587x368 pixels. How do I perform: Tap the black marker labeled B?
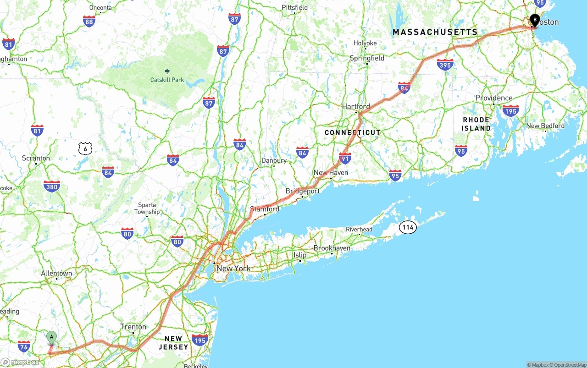[x=535, y=20]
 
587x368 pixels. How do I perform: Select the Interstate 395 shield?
[x=445, y=65]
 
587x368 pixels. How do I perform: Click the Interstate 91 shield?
[x=345, y=158]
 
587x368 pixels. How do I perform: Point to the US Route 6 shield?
[x=85, y=148]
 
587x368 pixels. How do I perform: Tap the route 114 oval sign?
[x=407, y=227]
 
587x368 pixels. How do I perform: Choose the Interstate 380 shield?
[x=52, y=186]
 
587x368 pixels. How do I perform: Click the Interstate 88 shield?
[x=89, y=21]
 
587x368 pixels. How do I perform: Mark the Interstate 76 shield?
[x=24, y=346]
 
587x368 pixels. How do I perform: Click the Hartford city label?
[x=356, y=106]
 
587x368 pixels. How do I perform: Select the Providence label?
[x=493, y=98]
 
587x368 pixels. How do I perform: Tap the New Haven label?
[x=331, y=173]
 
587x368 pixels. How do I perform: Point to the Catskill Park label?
[x=167, y=80]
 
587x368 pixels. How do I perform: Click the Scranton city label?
[x=36, y=158]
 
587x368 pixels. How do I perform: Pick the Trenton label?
[x=133, y=327]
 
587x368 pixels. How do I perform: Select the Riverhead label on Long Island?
[x=359, y=229]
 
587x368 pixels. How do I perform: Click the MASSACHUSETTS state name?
[x=435, y=32]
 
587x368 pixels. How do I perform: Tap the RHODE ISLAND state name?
[x=476, y=124]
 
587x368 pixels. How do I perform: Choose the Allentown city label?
[x=56, y=274]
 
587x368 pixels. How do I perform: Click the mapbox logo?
[x=20, y=363]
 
